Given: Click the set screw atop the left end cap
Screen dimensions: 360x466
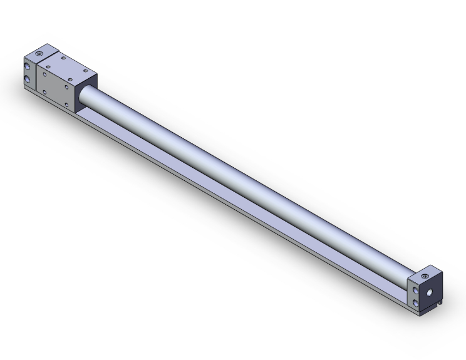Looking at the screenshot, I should [39, 54].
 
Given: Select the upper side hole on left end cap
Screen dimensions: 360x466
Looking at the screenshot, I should [27, 66].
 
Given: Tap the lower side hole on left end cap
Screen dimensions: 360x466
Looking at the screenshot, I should [27, 80].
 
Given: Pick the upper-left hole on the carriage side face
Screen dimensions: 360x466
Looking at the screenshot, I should [44, 75].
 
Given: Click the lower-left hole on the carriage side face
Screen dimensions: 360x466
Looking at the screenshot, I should [44, 92].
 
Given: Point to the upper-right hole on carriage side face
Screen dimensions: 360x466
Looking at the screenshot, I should [66, 87].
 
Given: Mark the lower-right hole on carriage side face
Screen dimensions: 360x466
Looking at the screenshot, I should [66, 105].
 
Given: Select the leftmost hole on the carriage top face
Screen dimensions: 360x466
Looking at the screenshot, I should [48, 66].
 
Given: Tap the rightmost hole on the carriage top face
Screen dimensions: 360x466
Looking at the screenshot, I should [86, 71].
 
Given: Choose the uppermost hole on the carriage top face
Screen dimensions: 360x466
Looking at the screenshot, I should [63, 58].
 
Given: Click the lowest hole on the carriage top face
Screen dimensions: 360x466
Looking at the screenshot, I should [70, 80].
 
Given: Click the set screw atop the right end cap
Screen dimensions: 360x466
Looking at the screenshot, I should [425, 276].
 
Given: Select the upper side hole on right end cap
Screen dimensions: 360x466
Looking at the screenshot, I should [415, 290].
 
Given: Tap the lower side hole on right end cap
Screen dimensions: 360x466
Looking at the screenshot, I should [415, 302].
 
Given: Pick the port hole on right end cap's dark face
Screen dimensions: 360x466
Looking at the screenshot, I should [430, 292].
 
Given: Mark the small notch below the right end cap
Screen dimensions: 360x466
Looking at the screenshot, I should [440, 303].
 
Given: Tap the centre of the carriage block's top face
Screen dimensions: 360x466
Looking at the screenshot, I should [67, 68].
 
